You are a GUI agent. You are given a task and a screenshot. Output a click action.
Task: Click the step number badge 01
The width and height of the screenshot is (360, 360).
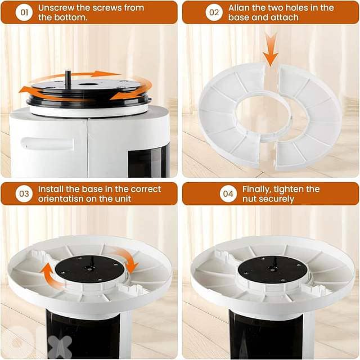coord(24,12)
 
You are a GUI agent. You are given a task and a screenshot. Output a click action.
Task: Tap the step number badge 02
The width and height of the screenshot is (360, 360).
coord(214,12)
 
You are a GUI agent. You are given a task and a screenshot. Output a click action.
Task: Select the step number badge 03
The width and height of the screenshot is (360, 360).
coord(24,194)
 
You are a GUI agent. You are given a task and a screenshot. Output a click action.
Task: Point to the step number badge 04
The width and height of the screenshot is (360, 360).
coord(227,194)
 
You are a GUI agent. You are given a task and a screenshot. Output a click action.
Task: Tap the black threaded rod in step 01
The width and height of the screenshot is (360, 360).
coord(67,79)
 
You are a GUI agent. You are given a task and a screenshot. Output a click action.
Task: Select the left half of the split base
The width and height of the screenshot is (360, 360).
coord(231,115)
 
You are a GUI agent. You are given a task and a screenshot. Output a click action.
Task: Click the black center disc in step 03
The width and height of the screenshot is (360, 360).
coord(89,269)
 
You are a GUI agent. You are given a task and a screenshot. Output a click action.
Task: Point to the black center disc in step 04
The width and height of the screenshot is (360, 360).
coord(272,269)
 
